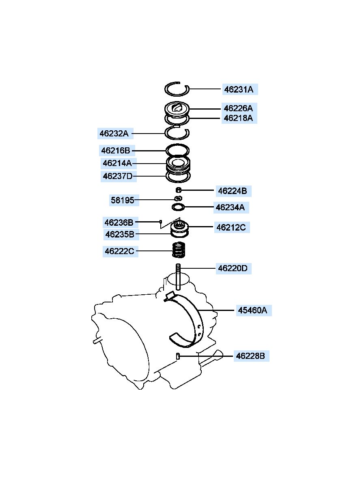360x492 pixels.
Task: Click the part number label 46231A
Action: point(239,89)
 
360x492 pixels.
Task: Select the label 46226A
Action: point(238,108)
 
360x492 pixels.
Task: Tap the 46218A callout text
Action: point(238,118)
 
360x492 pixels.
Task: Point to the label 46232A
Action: point(114,133)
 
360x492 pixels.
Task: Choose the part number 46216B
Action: point(116,151)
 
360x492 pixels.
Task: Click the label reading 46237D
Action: point(118,176)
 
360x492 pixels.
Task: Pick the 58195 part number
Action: point(122,200)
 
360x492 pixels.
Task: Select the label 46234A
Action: point(230,207)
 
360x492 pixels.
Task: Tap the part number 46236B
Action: point(119,222)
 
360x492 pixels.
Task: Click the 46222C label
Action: point(119,251)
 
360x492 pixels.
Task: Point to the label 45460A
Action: point(252,311)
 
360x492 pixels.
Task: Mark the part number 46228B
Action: point(250,356)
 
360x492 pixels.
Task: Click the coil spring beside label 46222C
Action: point(178,250)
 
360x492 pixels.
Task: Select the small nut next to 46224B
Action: point(179,190)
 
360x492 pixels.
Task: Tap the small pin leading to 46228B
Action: point(178,356)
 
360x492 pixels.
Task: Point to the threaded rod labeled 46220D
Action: point(178,277)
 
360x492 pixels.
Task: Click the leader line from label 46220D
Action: point(198,268)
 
